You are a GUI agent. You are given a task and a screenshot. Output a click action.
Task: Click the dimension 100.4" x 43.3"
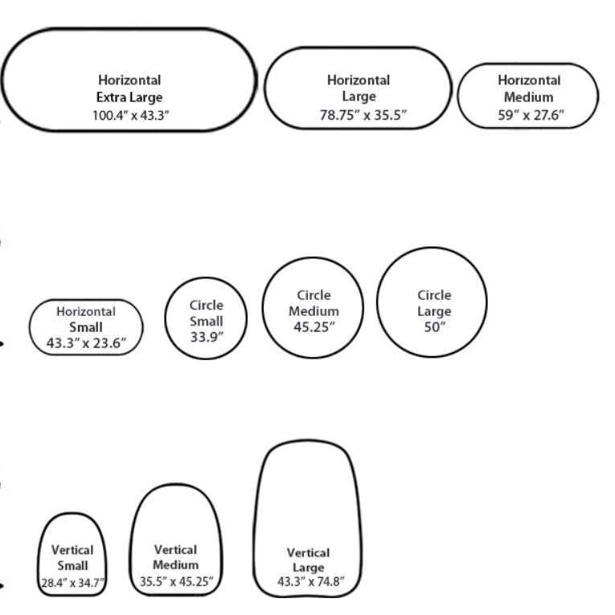point(130,115)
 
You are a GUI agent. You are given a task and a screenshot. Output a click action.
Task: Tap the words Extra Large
point(129,97)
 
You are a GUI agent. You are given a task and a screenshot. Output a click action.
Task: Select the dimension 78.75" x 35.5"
point(359,115)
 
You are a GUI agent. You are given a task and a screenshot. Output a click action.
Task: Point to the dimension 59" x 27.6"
point(528,115)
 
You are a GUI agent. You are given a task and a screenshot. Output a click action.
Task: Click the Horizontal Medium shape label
point(528,88)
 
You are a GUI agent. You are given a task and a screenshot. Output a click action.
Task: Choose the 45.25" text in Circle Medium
point(314,326)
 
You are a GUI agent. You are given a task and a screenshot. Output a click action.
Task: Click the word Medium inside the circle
point(314,311)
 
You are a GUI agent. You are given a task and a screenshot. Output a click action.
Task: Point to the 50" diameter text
point(434,327)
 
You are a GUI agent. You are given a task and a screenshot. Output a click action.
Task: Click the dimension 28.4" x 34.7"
point(73,583)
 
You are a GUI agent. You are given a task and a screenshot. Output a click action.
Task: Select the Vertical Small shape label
point(72,558)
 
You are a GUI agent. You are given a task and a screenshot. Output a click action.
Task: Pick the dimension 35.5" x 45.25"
point(175,581)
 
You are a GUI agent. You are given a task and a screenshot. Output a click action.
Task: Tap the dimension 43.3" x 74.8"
point(308,582)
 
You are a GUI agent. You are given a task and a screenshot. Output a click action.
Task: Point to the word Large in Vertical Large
point(308,568)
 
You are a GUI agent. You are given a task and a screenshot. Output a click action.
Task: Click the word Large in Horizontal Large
point(359,97)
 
